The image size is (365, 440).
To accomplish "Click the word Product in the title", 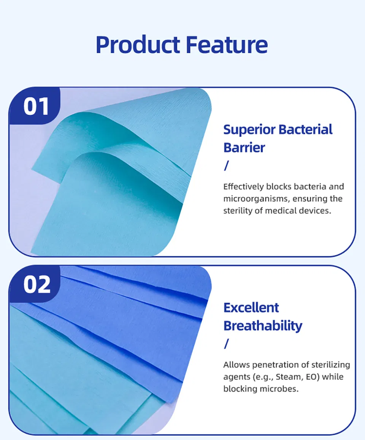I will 138,45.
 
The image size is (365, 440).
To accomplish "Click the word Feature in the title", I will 227,45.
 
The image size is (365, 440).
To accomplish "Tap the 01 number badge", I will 36,106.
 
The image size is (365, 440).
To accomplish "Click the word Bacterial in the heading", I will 306,130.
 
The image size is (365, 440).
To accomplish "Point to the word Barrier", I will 244,148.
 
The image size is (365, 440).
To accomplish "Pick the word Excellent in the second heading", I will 251,307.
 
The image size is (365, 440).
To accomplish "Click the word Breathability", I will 263,326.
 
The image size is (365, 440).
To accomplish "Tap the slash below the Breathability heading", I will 227,344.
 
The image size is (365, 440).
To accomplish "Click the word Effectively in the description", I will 243,187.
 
